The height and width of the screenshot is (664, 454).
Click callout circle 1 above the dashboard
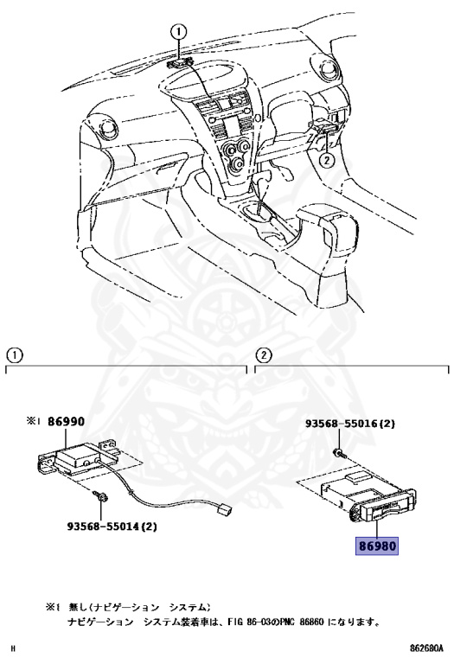179,32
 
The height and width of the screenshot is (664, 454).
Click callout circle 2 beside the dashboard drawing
326,159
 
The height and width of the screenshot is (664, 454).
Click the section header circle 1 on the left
14,354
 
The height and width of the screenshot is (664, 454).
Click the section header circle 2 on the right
265,354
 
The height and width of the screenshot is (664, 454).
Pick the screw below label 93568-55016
338,454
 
